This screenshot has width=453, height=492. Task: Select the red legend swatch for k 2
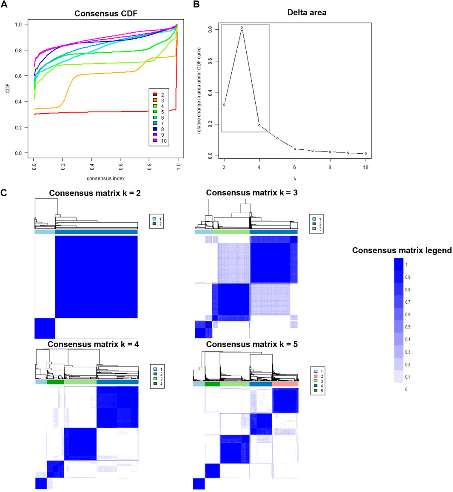coord(155,94)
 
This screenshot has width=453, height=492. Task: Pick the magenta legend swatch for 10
coord(155,141)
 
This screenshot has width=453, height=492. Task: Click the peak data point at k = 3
coord(242,28)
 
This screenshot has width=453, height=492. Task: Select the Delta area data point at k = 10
coord(366,154)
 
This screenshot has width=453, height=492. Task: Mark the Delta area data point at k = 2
coord(224,104)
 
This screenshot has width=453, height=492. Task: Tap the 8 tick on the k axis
coord(330,168)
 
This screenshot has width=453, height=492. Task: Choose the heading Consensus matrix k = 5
coord(252,344)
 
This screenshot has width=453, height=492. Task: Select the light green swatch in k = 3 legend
coord(314,229)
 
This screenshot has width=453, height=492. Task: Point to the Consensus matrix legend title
coord(402,251)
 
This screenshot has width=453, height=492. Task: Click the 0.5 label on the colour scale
coord(407,327)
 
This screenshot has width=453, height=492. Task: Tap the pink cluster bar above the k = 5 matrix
coord(285,384)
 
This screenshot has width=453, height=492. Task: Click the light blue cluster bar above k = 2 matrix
coord(45,232)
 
